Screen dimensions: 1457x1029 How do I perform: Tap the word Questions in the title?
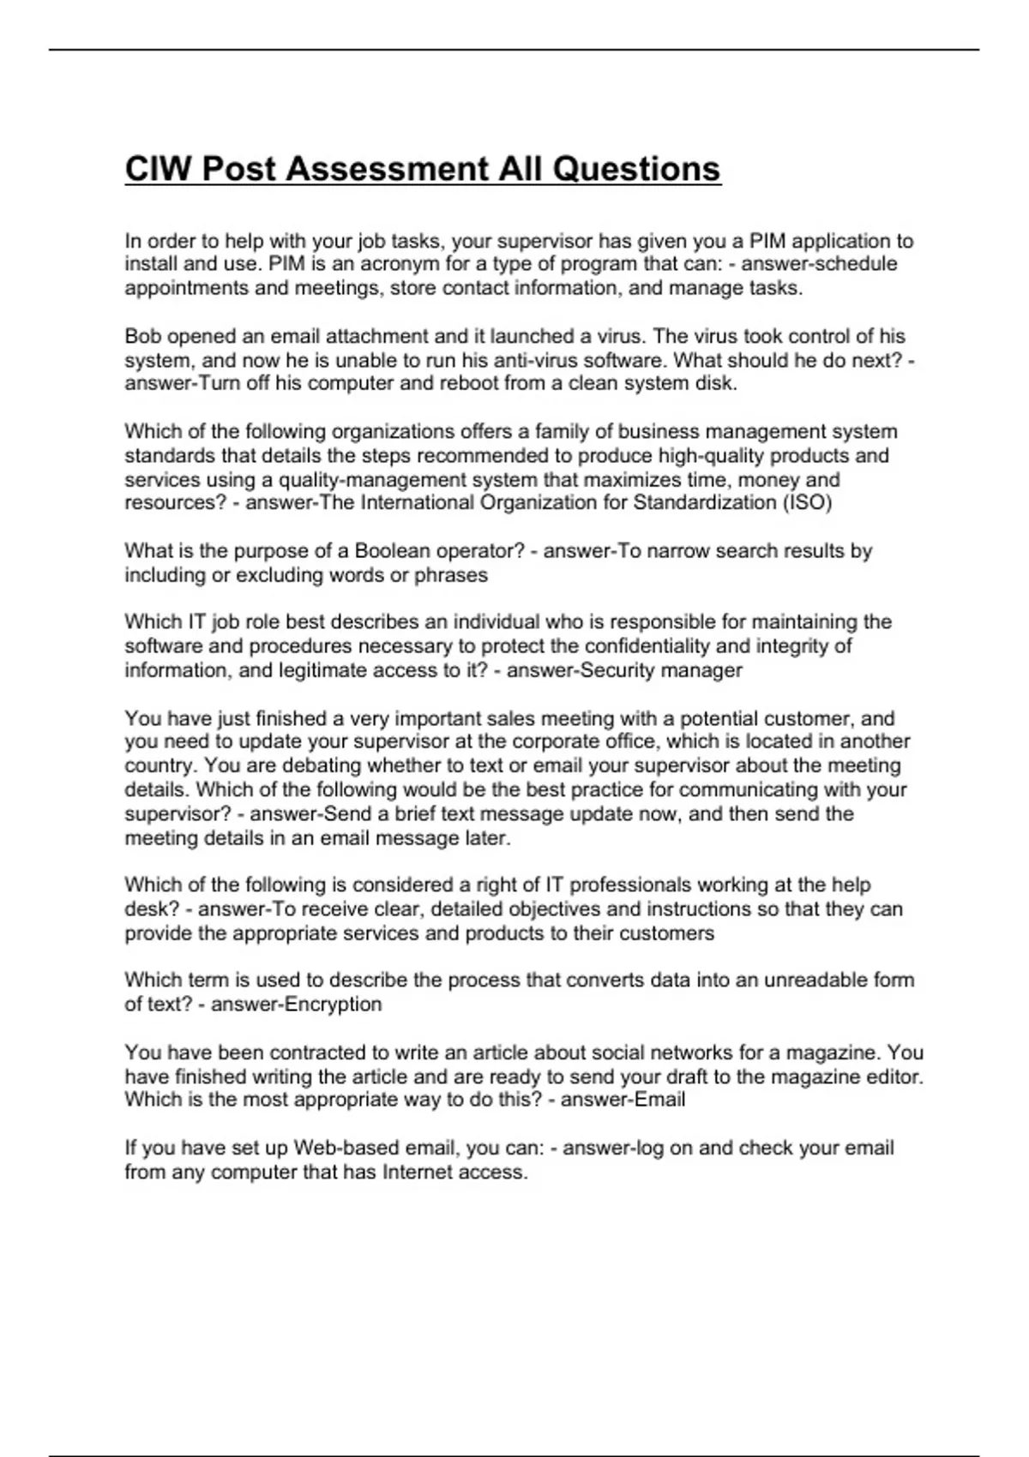click(x=636, y=169)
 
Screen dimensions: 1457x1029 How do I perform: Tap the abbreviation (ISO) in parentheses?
click(x=807, y=502)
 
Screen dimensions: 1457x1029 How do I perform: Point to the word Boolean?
click(x=392, y=550)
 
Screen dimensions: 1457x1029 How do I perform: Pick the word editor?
click(x=892, y=1076)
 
